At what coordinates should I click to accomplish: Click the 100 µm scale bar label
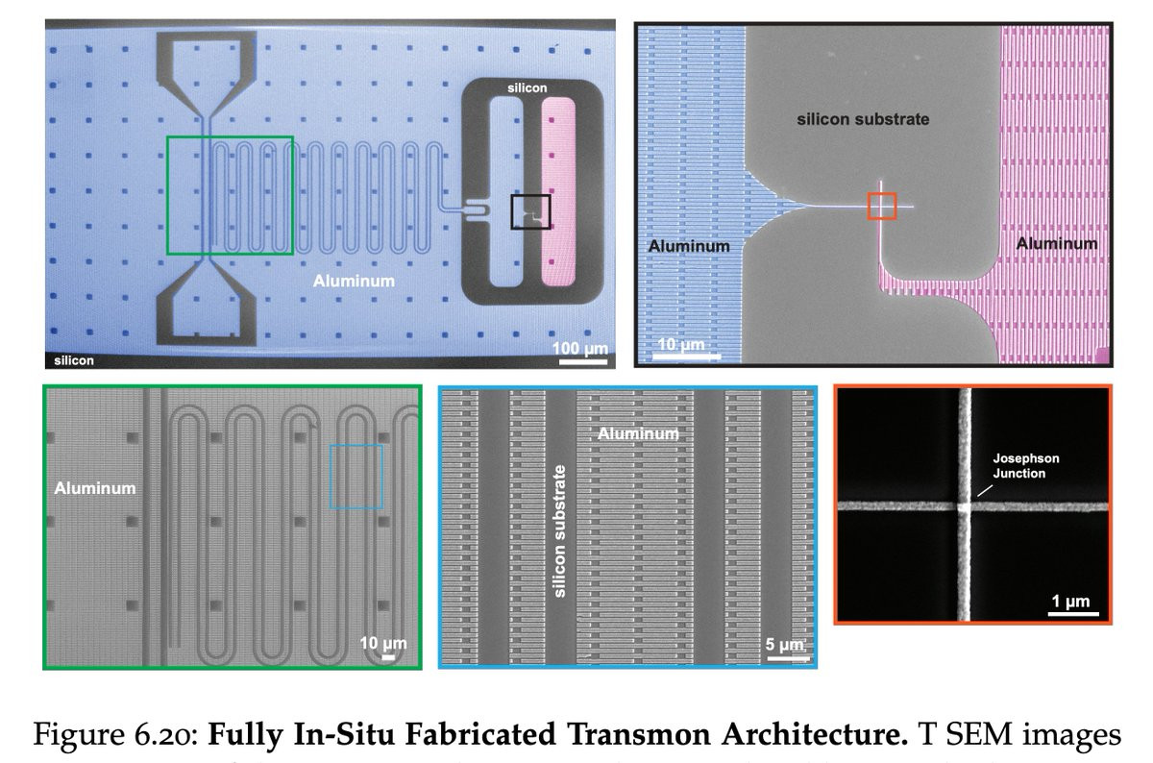tap(580, 349)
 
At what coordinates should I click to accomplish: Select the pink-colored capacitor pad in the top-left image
tap(558, 191)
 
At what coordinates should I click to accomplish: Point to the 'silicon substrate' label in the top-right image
tap(863, 119)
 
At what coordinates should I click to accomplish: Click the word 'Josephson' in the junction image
tap(1026, 458)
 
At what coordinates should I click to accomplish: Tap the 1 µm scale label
tap(1070, 601)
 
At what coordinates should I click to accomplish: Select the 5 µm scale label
tap(784, 644)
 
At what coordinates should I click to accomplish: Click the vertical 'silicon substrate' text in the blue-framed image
tap(559, 531)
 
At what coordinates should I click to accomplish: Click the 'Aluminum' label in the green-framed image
tap(95, 488)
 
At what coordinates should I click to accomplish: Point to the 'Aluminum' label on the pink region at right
tap(1056, 243)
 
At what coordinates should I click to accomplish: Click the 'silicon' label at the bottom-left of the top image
tap(74, 360)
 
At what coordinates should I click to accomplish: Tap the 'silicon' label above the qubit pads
tap(527, 88)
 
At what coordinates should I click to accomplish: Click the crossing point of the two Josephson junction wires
tap(964, 506)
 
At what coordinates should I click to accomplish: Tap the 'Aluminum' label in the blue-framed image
tap(638, 434)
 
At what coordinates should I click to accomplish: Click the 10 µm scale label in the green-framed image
tap(383, 643)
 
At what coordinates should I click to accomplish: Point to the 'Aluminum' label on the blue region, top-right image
tap(689, 246)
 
